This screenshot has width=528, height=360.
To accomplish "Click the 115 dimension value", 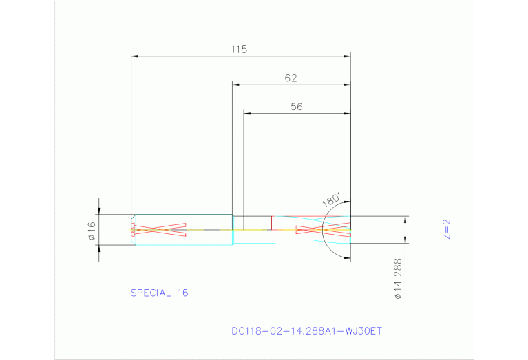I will (239, 49).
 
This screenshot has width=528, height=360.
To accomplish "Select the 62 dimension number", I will (291, 78).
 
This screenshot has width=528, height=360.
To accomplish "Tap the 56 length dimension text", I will (297, 107).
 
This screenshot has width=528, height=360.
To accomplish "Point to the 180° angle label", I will (331, 199).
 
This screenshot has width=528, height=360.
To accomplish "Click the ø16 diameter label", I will (92, 230).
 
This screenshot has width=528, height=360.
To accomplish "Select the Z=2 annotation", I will (445, 229).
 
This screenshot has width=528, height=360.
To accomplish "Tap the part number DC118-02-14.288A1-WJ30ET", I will (306, 331).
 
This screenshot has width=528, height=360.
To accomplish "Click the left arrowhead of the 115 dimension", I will (134, 55).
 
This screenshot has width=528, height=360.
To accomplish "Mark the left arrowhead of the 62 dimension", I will (235, 85).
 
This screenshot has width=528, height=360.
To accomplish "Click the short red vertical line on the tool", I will (271, 222).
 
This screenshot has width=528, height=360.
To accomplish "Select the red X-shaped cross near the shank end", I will (159, 230).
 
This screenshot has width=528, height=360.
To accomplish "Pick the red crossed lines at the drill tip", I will (322, 230).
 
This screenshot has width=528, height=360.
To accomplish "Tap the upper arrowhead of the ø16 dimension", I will (99, 212).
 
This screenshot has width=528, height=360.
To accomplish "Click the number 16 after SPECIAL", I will (182, 293).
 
